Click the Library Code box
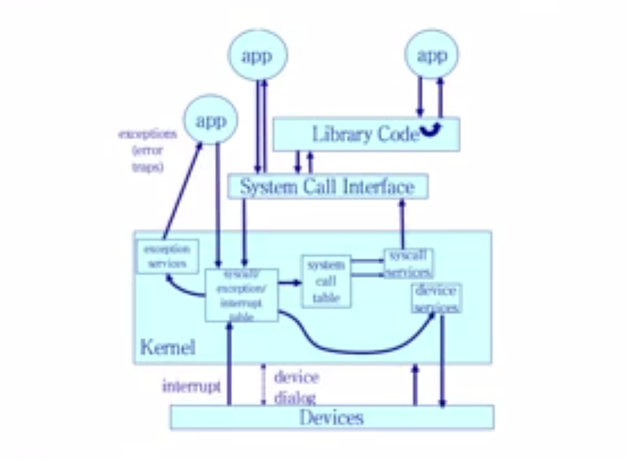coord(356,135)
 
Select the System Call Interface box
coord(328,186)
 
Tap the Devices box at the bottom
coord(331,417)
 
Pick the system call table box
coord(326,280)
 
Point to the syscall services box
coord(408,263)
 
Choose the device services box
coord(437,298)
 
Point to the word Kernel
coord(167,348)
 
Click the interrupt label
coord(191,386)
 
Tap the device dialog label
coord(296,386)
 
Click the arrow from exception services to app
coord(182,189)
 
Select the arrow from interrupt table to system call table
coord(289,282)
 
